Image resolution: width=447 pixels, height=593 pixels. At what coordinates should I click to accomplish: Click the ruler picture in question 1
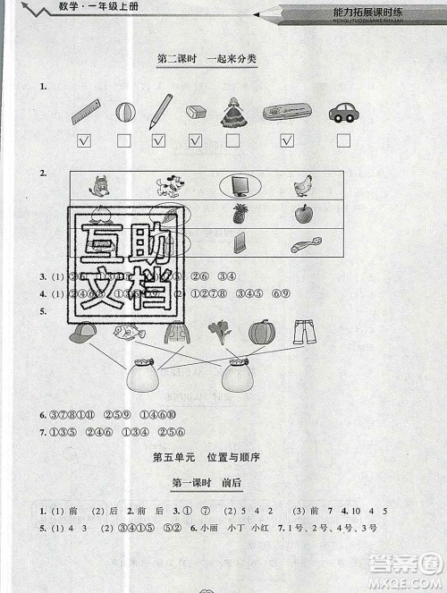85,111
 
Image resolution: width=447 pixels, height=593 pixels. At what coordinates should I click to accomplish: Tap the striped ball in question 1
123,112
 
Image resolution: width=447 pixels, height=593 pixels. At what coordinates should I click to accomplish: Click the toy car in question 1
342,112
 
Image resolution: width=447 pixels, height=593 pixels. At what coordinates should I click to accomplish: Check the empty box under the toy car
343,140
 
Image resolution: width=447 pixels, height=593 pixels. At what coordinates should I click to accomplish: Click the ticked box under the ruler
85,140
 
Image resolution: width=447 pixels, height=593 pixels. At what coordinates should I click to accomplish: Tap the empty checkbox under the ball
123,140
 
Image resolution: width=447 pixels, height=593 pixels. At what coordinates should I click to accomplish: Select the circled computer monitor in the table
239,185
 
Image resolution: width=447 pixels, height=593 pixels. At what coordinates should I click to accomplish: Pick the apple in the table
303,214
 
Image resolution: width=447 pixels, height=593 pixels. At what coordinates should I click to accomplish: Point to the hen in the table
302,185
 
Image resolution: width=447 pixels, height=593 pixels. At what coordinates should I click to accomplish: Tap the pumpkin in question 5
261,333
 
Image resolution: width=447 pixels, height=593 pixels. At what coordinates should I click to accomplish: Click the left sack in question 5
143,374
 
